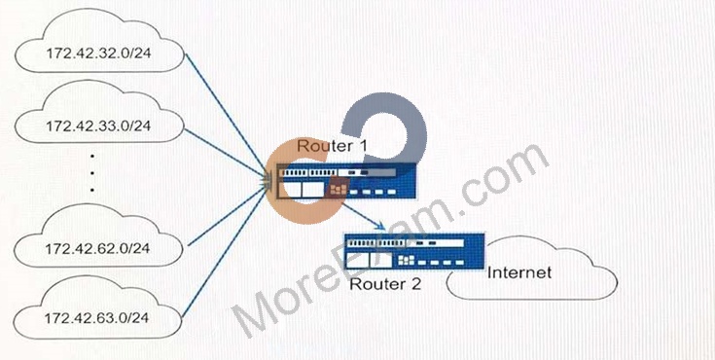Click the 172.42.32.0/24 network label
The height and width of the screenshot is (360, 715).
98,53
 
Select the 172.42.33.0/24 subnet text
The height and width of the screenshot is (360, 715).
98,125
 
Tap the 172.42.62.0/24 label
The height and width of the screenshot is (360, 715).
97,249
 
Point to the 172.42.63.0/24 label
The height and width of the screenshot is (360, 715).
96,317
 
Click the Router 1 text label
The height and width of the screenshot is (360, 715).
332,146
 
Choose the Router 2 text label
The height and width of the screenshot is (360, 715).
385,284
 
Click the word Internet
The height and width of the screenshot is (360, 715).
519,272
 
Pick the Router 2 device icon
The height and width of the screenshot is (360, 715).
414,252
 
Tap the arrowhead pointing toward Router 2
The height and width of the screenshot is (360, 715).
381,226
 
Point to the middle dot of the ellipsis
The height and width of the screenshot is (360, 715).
92,173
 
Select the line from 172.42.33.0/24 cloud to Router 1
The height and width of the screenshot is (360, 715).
226,153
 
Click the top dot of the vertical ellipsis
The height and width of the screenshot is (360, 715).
92,157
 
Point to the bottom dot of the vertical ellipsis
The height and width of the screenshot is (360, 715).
92,190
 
